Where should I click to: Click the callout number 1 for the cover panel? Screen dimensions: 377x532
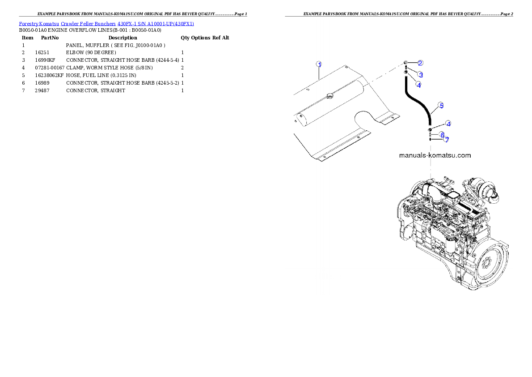click(x=319, y=64)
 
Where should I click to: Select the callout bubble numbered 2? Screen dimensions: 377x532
click(x=420, y=63)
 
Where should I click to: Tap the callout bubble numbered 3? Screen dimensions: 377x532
click(x=420, y=74)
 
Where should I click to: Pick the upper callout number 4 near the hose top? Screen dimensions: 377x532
click(x=418, y=84)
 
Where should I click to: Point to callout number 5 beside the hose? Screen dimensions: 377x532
click(x=441, y=106)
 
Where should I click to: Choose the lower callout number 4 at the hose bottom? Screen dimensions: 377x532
click(x=448, y=124)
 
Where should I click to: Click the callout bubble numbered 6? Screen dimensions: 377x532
click(x=442, y=134)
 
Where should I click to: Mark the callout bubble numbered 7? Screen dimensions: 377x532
click(x=446, y=140)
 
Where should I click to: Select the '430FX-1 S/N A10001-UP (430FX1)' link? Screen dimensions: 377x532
click(x=156, y=23)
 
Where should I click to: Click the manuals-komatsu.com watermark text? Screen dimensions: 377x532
click(x=434, y=155)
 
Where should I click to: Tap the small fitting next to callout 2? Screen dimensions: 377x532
click(x=405, y=62)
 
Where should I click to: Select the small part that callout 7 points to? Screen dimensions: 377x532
click(x=430, y=139)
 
